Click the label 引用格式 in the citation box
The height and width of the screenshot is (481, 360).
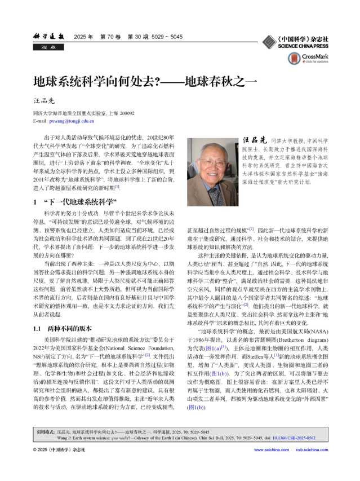(47, 431)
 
